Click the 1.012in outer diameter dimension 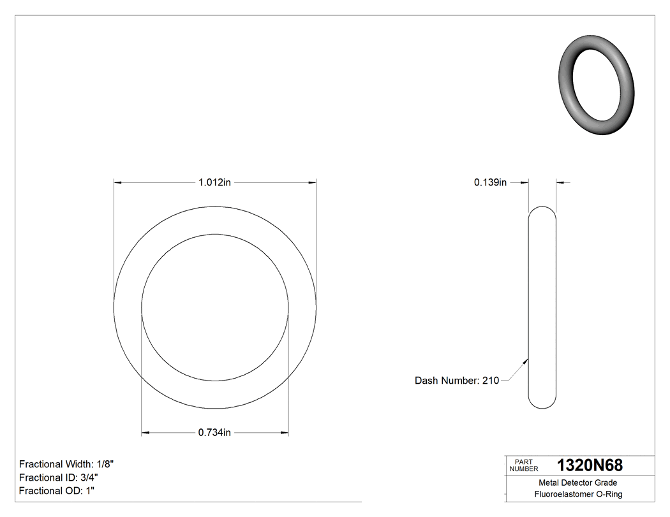pyautogui.click(x=214, y=182)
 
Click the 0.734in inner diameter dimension pyautogui.click(x=214, y=433)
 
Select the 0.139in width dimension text pyautogui.click(x=490, y=182)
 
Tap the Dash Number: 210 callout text pyautogui.click(x=456, y=381)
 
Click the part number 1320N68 pyautogui.click(x=590, y=465)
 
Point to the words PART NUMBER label pyautogui.click(x=524, y=465)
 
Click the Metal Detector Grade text pyautogui.click(x=577, y=483)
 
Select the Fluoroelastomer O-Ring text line pyautogui.click(x=578, y=494)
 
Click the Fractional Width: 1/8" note pyautogui.click(x=67, y=464)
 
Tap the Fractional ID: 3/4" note pyautogui.click(x=59, y=477)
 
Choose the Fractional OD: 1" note pyautogui.click(x=57, y=491)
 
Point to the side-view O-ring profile pyautogui.click(x=542, y=307)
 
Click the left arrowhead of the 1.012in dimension pyautogui.click(x=118, y=182)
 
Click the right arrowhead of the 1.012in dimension pyautogui.click(x=312, y=182)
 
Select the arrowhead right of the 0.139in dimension pyautogui.click(x=560, y=182)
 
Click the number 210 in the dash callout pyautogui.click(x=490, y=381)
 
